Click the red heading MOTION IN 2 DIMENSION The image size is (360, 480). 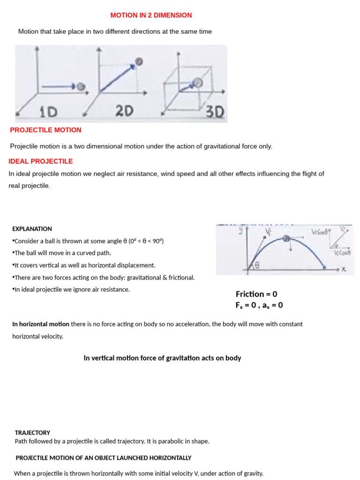click(x=151, y=15)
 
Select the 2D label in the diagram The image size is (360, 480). click(x=124, y=111)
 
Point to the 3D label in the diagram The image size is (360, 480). click(x=215, y=112)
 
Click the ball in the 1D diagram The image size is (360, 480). click(x=81, y=87)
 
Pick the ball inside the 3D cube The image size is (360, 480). click(x=198, y=82)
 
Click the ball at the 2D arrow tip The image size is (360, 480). click(x=139, y=62)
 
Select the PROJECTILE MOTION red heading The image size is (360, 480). click(x=45, y=130)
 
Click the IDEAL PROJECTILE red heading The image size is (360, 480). click(x=41, y=161)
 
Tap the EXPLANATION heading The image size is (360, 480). click(x=32, y=229)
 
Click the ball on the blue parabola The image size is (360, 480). click(x=286, y=238)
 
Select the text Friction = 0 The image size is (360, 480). click(x=256, y=294)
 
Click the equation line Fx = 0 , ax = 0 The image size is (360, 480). click(x=259, y=305)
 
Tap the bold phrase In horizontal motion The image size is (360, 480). click(x=41, y=324)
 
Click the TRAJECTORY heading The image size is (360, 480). click(x=32, y=433)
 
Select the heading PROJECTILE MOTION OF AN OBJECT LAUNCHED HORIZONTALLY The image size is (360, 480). click(x=104, y=457)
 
